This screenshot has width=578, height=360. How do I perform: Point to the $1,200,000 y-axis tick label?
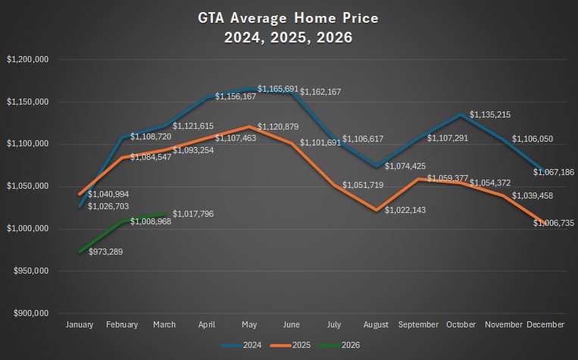point(28,59)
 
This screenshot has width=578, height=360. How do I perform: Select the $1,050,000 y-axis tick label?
point(28,186)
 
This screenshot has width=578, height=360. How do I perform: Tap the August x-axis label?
point(376,324)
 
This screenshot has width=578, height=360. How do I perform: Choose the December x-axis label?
point(545,324)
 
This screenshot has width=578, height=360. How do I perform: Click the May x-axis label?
point(249,324)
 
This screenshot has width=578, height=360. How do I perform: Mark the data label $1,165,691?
point(278,89)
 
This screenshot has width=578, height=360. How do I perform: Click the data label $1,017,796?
point(193,214)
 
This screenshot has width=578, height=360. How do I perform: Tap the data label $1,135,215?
point(490,115)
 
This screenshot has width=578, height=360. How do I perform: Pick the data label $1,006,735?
point(554,224)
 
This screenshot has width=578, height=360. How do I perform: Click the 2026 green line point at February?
point(122,221)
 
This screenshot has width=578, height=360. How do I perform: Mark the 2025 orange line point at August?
point(376,210)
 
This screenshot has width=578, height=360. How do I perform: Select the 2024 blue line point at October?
point(461,114)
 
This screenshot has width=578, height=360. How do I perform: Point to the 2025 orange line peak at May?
point(249,127)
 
